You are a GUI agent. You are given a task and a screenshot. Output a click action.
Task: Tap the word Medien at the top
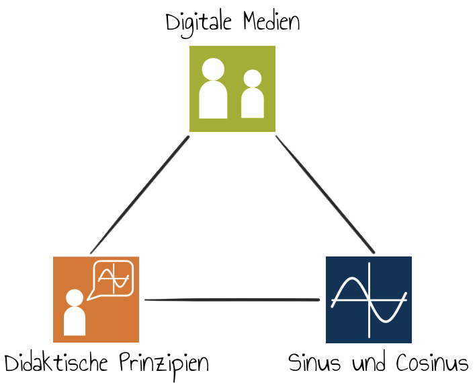click(271, 22)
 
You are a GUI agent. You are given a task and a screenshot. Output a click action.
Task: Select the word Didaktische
click(56, 361)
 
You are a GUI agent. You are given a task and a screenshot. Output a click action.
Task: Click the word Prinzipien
click(164, 364)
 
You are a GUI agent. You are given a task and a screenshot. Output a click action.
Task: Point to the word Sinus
click(314, 362)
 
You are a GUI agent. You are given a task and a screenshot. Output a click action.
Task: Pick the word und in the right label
click(369, 362)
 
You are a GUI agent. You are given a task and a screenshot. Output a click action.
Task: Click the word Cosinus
click(433, 362)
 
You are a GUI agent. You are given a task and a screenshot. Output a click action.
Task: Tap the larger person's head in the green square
click(213, 69)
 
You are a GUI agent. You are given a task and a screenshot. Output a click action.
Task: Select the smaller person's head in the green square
click(253, 78)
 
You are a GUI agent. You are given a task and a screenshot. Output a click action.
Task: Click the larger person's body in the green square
click(213, 100)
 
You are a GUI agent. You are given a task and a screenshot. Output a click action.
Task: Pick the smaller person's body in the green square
click(253, 103)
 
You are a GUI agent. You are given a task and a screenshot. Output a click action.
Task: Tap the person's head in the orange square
click(75, 298)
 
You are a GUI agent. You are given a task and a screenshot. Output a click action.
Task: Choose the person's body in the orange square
click(75, 321)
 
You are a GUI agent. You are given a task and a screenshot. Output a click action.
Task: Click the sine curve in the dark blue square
click(369, 300)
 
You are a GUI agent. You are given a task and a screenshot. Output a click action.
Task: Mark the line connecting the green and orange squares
click(140, 195)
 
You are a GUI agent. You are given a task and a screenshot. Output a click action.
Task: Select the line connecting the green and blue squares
click(325, 195)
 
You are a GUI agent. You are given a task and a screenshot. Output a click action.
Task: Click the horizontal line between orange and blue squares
click(232, 300)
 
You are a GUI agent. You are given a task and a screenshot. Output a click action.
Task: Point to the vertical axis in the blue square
click(369, 300)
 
